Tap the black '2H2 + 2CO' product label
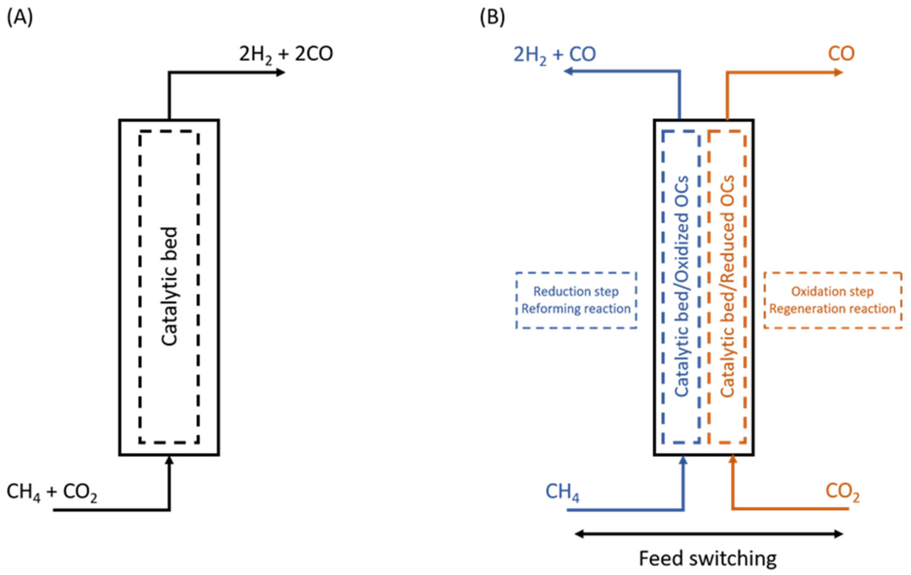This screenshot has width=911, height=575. click(x=286, y=54)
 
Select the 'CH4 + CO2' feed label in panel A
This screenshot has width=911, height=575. click(x=52, y=492)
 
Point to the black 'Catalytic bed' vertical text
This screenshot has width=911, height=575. click(x=169, y=286)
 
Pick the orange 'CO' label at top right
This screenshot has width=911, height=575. click(x=841, y=54)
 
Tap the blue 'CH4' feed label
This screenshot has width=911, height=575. click(x=562, y=492)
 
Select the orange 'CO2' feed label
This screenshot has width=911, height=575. click(x=842, y=492)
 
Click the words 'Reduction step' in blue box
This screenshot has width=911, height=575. click(x=576, y=291)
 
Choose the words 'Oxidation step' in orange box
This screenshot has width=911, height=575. click(x=832, y=291)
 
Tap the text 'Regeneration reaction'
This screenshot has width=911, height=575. click(x=832, y=309)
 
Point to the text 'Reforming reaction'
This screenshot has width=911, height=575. click(x=576, y=309)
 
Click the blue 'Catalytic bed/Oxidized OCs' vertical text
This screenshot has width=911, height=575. click(x=682, y=286)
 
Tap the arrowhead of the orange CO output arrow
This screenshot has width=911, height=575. click(x=838, y=72)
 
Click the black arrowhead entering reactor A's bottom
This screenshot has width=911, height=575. click(x=169, y=460)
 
